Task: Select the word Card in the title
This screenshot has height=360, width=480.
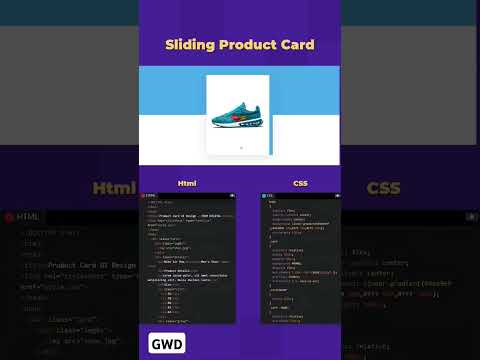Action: [x=295, y=45]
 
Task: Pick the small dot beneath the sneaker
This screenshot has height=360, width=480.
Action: [x=240, y=147]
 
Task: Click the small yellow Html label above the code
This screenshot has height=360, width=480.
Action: [x=187, y=184]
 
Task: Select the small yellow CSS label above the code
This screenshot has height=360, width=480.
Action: [x=300, y=184]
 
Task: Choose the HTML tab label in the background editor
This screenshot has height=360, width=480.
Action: [x=28, y=216]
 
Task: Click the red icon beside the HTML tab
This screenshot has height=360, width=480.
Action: [x=8, y=216]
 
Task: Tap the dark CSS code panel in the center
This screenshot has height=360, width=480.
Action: [x=299, y=260]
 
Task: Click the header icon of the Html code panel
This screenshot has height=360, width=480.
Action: [x=147, y=196]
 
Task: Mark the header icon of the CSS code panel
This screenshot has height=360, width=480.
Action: [x=266, y=196]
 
